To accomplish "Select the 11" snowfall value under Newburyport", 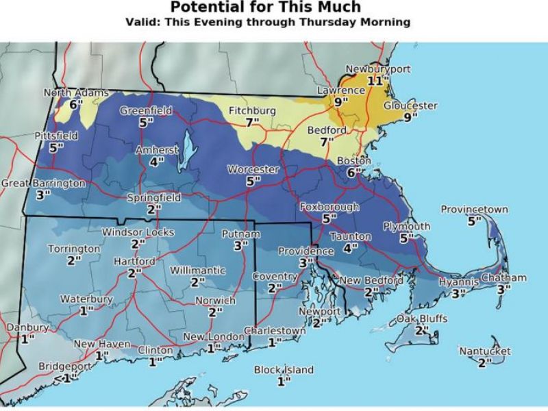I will [x=377, y=81].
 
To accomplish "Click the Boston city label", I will [x=353, y=161].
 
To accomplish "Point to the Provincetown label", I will [x=475, y=210].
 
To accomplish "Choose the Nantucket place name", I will [x=485, y=351].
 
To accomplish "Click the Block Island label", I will [x=284, y=370].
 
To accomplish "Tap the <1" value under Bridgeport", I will [x=65, y=378].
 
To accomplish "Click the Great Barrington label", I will [x=43, y=184].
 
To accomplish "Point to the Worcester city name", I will [x=253, y=169].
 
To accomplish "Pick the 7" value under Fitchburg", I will [x=253, y=122].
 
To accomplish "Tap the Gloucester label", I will [x=410, y=105].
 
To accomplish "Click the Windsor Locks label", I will [x=138, y=232].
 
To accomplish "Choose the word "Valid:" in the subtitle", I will [x=145, y=22].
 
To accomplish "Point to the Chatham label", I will [x=503, y=277].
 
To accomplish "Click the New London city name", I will [x=214, y=337].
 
